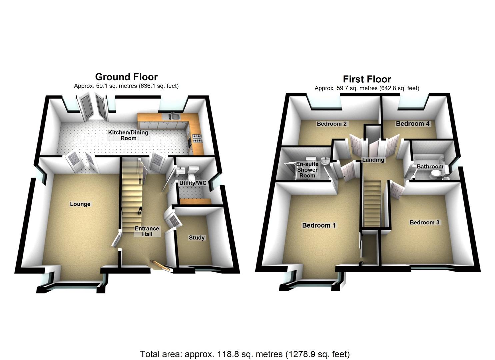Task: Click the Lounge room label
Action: coord(80,204)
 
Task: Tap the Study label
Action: coord(197,238)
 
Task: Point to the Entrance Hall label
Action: coord(147,231)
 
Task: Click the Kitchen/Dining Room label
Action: coord(128,135)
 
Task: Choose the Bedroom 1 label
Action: coord(319,225)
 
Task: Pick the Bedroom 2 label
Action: coord(332,124)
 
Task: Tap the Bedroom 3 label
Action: coord(424,222)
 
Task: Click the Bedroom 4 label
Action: coord(413,124)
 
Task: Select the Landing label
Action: coord(373,160)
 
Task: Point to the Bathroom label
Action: coord(430,166)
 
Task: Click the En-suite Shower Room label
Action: coord(307,170)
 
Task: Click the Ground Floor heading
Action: coord(126,77)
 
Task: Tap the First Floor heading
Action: coord(367,79)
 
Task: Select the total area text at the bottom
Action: coord(245,354)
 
